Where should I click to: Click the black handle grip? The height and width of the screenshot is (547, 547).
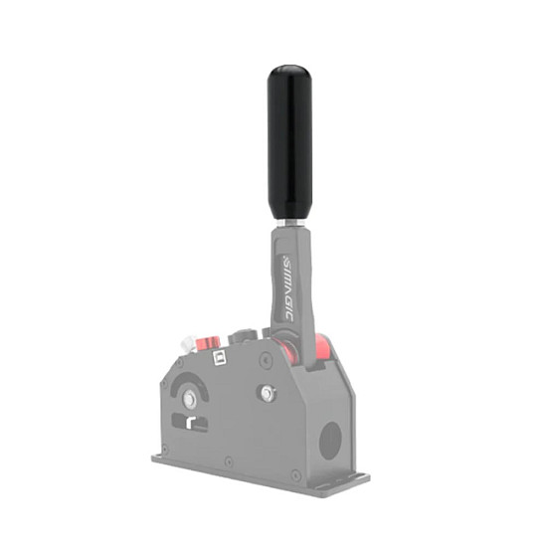click(x=289, y=142)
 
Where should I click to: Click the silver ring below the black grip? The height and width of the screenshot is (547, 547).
click(x=290, y=223)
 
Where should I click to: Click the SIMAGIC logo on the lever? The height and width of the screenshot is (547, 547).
click(x=288, y=288)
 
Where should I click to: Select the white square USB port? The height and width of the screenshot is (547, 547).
click(x=220, y=358)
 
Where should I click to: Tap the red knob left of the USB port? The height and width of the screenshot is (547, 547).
click(x=208, y=344)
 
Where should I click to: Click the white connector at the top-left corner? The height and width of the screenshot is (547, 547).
click(x=188, y=343)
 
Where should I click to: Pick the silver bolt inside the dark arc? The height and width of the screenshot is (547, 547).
click(x=189, y=399)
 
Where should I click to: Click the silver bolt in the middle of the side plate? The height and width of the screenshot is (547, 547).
click(x=267, y=393)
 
